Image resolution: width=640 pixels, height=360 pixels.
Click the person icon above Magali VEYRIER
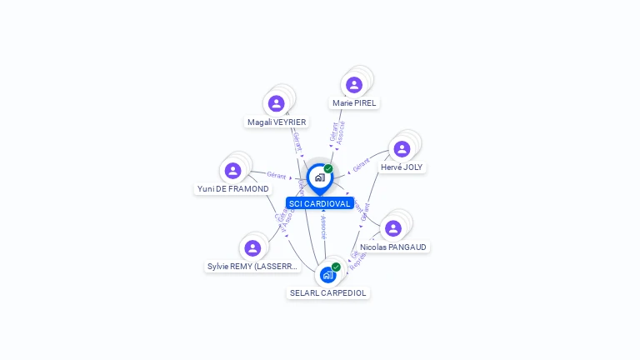(x=276, y=103)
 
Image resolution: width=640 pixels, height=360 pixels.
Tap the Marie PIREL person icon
(x=354, y=84)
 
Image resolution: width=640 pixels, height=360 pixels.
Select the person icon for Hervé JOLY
(x=402, y=149)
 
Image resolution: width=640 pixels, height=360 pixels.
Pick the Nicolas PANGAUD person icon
(x=393, y=228)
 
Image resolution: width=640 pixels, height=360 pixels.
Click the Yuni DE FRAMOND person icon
(x=232, y=170)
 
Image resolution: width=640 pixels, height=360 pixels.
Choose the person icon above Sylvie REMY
(x=252, y=247)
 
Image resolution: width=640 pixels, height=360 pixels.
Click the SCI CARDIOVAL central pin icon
(x=319, y=177)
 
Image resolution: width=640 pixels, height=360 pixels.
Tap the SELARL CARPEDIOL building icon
(x=327, y=274)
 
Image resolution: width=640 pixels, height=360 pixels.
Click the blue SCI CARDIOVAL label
(x=319, y=203)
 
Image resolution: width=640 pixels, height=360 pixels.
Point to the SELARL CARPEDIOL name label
(x=328, y=293)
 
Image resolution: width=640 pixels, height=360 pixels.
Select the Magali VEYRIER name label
(x=277, y=122)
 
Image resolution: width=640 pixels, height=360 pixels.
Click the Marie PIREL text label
(x=354, y=103)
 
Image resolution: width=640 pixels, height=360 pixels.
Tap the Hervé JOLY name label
(x=402, y=167)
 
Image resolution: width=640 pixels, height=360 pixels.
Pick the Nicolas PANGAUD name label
(x=394, y=247)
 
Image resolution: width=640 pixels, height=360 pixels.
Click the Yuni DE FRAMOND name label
(x=232, y=189)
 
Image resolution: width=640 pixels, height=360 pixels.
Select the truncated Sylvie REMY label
(x=252, y=267)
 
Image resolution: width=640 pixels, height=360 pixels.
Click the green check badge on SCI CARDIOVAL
(x=328, y=168)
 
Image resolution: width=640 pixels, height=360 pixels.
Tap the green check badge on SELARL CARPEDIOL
(x=336, y=267)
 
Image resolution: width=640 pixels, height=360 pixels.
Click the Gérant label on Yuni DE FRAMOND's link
(x=276, y=176)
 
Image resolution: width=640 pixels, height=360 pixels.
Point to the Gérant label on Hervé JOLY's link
(x=361, y=165)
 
